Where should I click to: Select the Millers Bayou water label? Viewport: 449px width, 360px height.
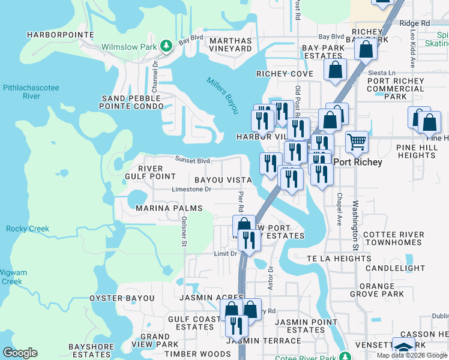click(223, 95)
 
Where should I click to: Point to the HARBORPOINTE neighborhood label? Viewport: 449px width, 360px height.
click(61, 35)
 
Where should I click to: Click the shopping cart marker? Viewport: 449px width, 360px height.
click(357, 142)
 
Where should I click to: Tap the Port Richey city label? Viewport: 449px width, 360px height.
click(359, 161)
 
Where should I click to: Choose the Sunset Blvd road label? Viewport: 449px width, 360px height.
click(192, 160)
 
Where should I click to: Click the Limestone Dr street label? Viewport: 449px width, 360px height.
click(192, 189)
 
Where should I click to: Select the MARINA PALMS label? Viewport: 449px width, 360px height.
click(169, 208)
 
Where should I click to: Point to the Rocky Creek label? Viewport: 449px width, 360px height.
click(28, 229)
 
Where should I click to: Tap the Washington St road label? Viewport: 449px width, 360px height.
click(355, 225)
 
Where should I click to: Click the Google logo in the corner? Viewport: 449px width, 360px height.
click(20, 353)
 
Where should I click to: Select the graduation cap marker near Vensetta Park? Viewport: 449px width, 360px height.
click(403, 347)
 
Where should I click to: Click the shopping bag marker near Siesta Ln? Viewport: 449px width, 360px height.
click(335, 69)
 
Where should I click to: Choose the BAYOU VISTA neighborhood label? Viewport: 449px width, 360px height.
click(222, 180)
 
